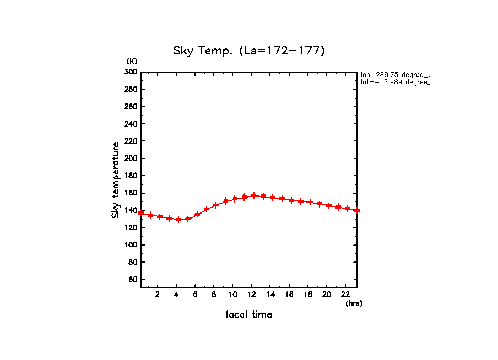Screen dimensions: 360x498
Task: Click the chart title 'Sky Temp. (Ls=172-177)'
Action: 249,51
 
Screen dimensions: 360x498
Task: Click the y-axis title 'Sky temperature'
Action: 116,180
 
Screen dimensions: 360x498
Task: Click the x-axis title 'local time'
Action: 249,315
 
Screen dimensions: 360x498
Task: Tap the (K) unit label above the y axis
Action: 132,61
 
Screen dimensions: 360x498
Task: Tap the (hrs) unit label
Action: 354,303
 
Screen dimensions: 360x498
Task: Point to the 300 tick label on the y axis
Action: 131,72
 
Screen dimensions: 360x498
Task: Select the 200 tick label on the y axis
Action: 131,159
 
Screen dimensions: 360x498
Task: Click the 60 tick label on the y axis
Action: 132,280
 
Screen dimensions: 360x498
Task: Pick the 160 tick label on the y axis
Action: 131,193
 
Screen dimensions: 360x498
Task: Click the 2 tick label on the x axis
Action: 158,294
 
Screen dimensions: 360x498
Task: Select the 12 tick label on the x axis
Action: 252,294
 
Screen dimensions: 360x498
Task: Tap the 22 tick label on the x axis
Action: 345,294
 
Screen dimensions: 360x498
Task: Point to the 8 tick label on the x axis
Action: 214,294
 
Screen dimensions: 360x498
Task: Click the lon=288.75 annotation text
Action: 394,74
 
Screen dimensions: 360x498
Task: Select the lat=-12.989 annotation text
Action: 394,82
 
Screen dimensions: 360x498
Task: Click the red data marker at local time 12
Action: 254,195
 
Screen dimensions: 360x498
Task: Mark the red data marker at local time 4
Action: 178,219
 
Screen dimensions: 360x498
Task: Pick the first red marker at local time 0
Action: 142,212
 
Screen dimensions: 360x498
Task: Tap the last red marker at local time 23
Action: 357,210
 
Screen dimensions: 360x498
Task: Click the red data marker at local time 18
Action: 310,202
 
